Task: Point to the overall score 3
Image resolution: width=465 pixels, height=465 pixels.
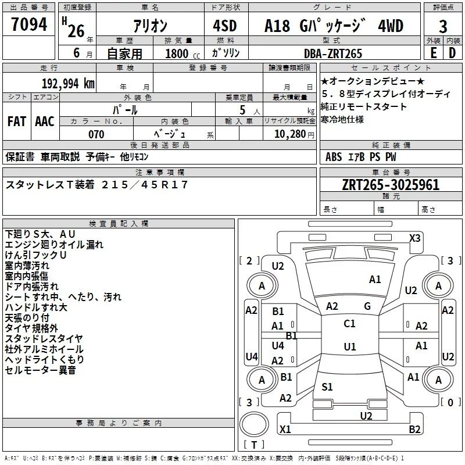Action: coord(443,27)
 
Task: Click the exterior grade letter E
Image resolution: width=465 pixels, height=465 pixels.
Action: coord(433,53)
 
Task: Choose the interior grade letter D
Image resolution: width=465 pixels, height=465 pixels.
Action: coord(452,53)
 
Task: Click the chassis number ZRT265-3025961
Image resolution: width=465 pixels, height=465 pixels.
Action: coord(391,185)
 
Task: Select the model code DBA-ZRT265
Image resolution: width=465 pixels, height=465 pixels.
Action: coord(334,53)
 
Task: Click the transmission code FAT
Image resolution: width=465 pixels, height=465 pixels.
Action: coord(16,121)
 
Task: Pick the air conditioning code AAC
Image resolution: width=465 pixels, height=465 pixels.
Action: coord(44,121)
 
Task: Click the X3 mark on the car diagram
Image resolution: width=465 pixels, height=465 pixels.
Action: coord(415,238)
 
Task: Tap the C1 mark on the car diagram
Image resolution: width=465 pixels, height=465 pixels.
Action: coord(349,323)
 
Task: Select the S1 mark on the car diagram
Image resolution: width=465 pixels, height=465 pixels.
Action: coord(327,387)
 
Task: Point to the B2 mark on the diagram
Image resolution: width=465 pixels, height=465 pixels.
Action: coord(414,430)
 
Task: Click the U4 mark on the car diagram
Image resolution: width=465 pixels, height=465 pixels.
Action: coord(251,356)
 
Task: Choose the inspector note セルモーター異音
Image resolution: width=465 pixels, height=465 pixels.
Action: coord(40,370)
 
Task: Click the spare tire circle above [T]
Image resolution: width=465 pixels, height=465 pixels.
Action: coord(253,425)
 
